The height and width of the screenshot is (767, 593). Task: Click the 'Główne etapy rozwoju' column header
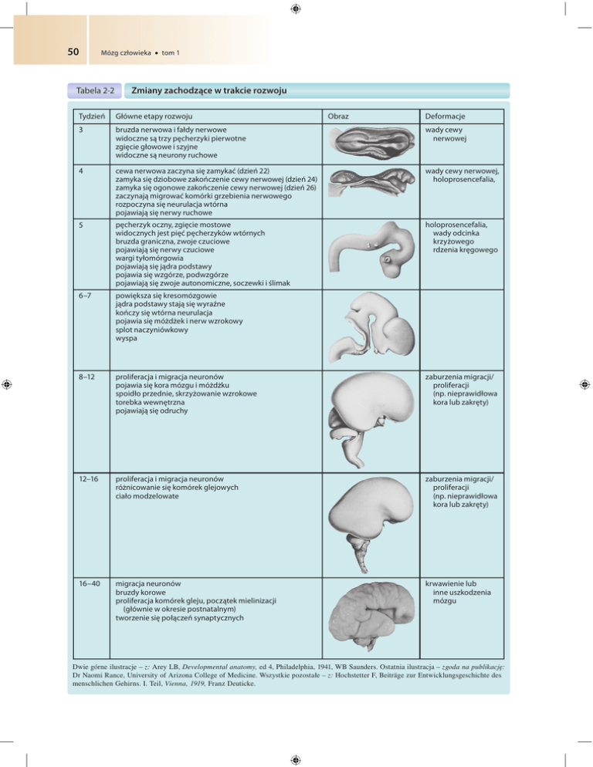point(151,115)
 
